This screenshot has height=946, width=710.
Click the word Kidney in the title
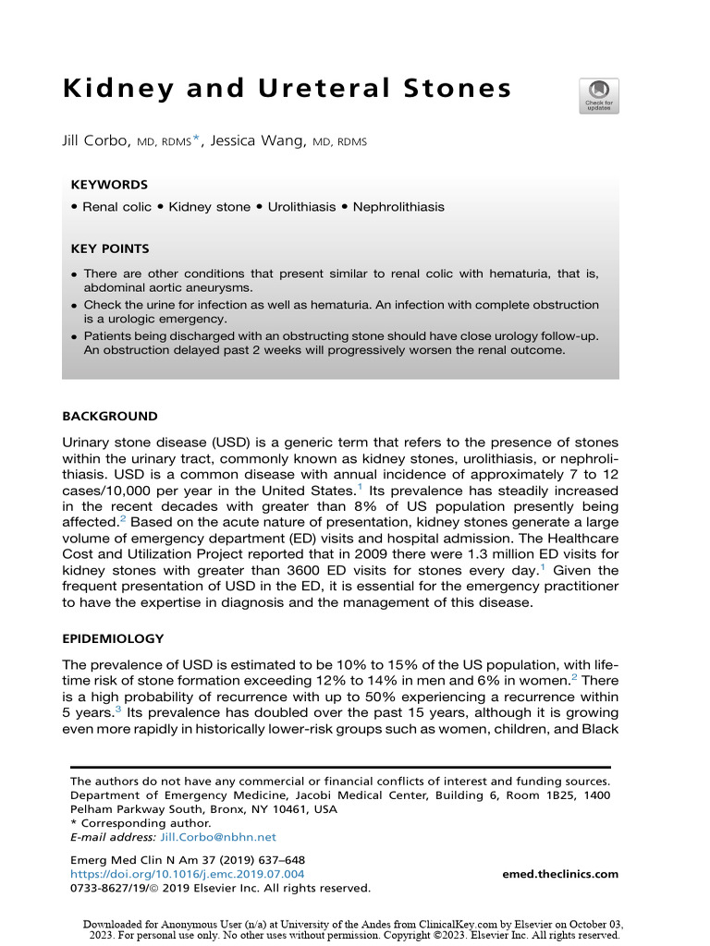point(119,89)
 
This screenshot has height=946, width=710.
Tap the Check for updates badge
point(598,96)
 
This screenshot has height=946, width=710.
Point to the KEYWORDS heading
point(108,185)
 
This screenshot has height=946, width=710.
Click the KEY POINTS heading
point(109,249)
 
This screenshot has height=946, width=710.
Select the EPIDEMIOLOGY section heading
point(113,638)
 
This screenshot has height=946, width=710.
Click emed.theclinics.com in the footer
point(560,874)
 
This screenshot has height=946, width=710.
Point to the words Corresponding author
point(144,822)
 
